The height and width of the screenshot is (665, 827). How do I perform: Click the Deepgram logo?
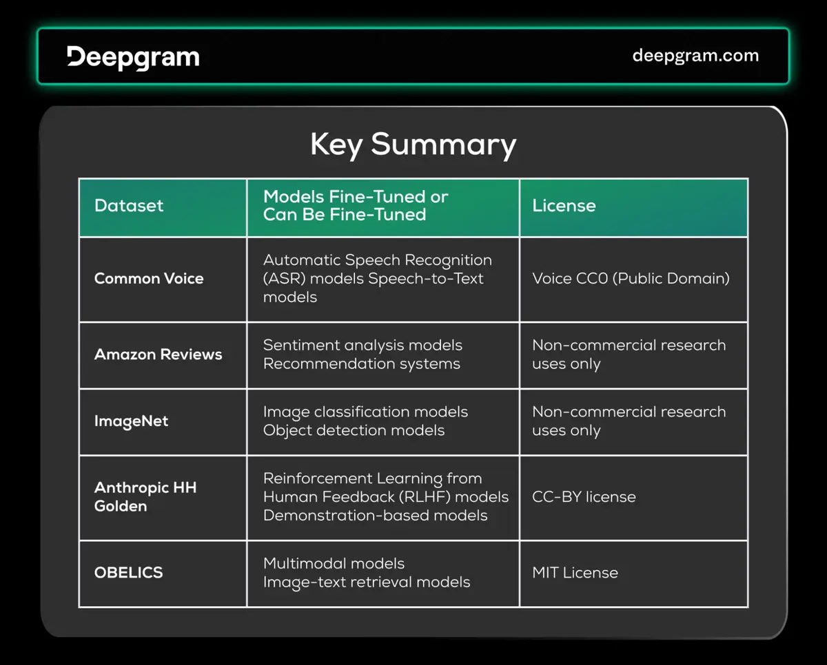[133, 57]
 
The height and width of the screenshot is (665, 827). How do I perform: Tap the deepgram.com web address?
[695, 56]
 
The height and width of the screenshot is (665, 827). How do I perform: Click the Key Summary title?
[413, 145]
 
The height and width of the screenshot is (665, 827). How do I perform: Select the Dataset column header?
[129, 206]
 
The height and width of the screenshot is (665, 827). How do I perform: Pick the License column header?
[564, 206]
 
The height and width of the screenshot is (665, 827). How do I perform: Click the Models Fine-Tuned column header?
[356, 205]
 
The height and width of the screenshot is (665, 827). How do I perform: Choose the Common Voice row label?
[149, 279]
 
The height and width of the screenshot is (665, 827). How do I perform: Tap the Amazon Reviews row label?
[158, 355]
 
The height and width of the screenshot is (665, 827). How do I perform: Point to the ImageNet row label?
[131, 421]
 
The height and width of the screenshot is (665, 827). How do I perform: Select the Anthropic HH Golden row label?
[145, 496]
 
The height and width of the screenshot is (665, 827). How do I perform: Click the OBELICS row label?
[128, 573]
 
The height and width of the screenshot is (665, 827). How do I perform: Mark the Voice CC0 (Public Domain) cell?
[631, 279]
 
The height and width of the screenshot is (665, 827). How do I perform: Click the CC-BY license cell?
[584, 497]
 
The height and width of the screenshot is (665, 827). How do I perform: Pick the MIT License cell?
[575, 573]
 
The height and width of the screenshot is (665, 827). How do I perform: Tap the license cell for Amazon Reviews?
[629, 355]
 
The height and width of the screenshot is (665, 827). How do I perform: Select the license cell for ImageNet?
[629, 421]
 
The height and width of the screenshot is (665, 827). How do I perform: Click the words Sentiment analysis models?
[363, 346]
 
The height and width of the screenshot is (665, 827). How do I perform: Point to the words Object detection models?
[354, 431]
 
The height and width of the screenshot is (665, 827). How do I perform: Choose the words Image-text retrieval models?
[367, 582]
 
